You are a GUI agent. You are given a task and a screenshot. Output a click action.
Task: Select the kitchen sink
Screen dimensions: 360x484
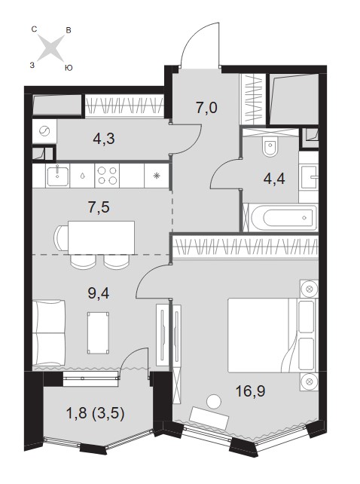[57, 176]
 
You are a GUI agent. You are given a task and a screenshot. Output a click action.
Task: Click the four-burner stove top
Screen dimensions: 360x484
[107, 176]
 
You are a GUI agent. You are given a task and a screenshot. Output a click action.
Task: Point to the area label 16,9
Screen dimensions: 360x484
[250, 392]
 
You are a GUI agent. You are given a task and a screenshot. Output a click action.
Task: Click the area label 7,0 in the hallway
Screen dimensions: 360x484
[206, 108]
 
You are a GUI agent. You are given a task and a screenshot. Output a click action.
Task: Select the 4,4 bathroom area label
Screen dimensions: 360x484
[274, 179]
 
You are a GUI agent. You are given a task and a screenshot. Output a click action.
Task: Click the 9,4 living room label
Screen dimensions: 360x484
[99, 293]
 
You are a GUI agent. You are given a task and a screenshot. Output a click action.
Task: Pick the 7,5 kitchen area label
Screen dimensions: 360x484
[99, 207]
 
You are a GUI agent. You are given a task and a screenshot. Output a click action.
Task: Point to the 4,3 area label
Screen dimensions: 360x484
[104, 139]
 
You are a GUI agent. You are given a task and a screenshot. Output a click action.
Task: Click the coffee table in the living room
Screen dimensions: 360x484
[98, 333]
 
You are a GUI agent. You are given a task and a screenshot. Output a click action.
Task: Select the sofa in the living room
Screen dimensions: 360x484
[49, 332]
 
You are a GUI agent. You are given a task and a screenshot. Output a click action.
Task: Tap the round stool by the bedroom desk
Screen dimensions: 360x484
[214, 402]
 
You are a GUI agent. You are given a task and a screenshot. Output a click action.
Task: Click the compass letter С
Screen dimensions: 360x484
[35, 29]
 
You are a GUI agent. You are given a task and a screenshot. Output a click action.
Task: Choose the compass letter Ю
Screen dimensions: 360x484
[69, 68]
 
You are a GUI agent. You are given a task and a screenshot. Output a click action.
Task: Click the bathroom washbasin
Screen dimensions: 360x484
[309, 177]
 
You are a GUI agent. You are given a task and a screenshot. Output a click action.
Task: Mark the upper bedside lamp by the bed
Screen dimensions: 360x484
[310, 289]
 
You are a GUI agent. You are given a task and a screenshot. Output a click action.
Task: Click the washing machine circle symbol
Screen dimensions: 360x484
[44, 131]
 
